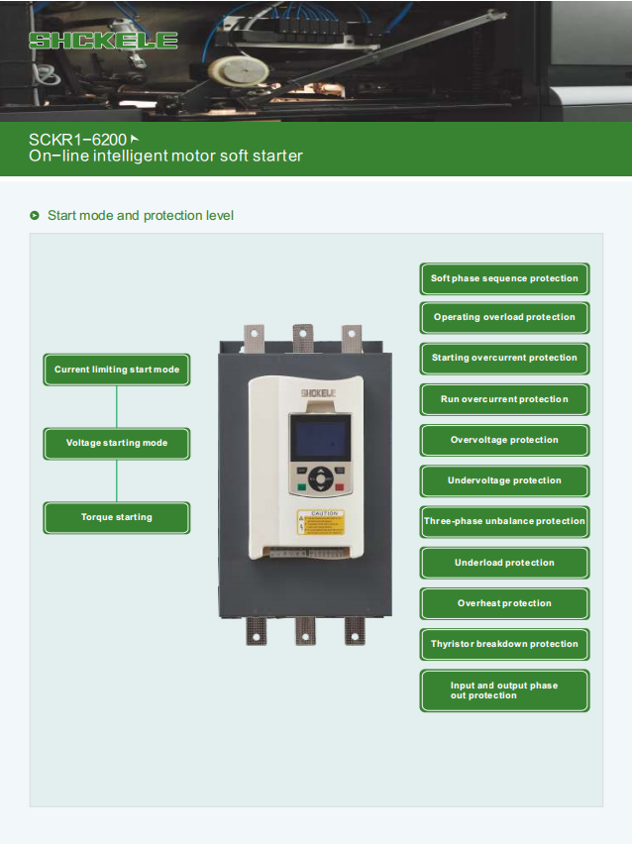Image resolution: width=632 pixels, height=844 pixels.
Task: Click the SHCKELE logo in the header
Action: [103, 41]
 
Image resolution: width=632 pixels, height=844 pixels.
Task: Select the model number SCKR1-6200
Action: [77, 140]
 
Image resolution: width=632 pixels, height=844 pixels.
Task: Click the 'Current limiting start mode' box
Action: [117, 369]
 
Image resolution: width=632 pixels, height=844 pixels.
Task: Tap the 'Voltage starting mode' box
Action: [117, 443]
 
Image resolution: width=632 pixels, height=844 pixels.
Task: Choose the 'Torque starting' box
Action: [117, 517]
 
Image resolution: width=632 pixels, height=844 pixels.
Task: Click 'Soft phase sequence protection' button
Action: [504, 278]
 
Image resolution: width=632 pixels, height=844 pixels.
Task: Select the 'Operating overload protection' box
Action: [504, 317]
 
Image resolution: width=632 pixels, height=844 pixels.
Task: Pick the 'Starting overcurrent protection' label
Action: [504, 358]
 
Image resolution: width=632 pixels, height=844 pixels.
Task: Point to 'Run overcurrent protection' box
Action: [504, 399]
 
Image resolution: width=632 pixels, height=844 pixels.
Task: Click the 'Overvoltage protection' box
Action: [504, 440]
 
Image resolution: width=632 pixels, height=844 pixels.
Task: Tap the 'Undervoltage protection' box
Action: [504, 480]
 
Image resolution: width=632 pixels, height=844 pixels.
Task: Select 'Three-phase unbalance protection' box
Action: [504, 521]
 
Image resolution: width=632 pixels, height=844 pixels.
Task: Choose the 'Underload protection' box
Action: [504, 563]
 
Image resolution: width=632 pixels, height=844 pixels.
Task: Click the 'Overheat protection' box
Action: [504, 603]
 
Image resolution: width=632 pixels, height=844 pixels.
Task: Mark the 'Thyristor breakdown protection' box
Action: [504, 644]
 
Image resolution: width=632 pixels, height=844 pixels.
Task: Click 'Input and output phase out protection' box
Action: [504, 689]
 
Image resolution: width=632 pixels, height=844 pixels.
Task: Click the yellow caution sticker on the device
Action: [320, 522]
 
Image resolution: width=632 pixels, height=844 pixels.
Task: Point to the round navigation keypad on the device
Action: [320, 478]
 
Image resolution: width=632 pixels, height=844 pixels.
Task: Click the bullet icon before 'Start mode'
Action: [35, 215]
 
